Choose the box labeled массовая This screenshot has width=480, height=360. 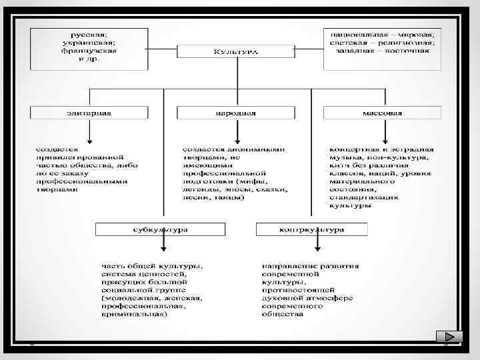[x=382, y=113]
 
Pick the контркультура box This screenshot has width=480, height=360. [x=311, y=229]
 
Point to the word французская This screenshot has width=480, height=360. [x=89, y=51]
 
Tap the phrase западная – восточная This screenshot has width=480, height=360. [x=383, y=51]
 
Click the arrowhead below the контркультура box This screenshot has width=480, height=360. [x=319, y=251]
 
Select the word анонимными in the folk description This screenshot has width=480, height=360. [x=261, y=149]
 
